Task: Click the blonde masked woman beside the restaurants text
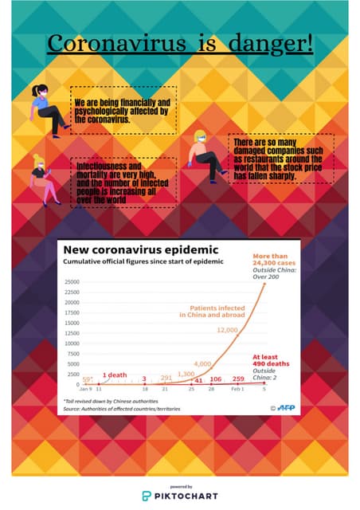pyautogui.click(x=206, y=155)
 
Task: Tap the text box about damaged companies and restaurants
pyautogui.click(x=280, y=159)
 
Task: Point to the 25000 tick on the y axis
pyautogui.click(x=72, y=282)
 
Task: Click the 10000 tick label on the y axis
pyautogui.click(x=72, y=344)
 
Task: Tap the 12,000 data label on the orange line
pyautogui.click(x=227, y=329)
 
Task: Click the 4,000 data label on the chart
pyautogui.click(x=202, y=363)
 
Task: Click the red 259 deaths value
pyautogui.click(x=237, y=379)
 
